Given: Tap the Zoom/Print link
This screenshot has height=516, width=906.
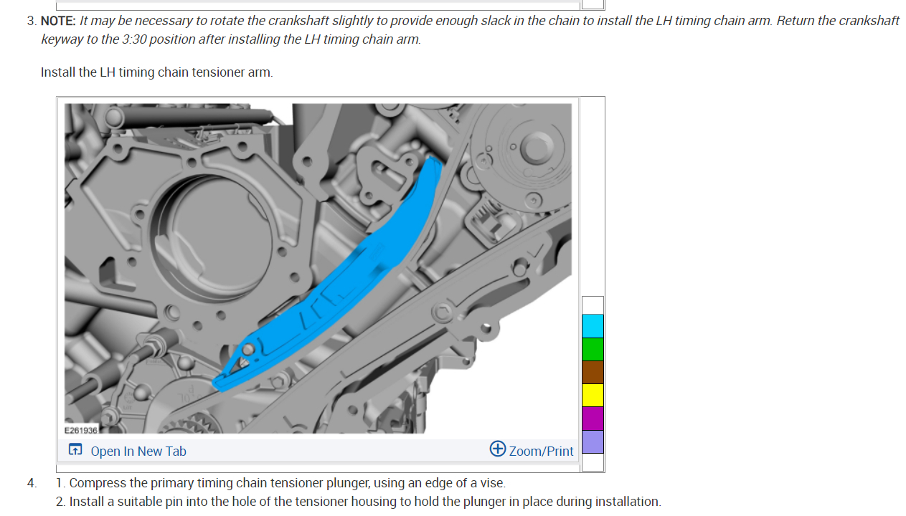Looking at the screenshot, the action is pos(541,451).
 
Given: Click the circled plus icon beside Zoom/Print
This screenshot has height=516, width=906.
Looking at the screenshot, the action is pos(498,449).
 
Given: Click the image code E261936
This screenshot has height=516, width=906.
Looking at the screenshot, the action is pos(81,430).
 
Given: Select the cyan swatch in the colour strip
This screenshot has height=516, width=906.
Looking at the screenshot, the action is pos(593,325).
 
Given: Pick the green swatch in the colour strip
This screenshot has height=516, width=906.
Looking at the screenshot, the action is pos(593,349).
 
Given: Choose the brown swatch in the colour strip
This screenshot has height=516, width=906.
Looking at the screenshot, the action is pos(593,372).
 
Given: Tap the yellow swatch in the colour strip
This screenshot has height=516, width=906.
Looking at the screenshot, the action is pos(593,395).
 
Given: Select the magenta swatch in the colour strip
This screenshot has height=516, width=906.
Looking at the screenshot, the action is pos(593,419).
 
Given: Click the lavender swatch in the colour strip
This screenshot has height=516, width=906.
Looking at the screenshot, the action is pos(593,441).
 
